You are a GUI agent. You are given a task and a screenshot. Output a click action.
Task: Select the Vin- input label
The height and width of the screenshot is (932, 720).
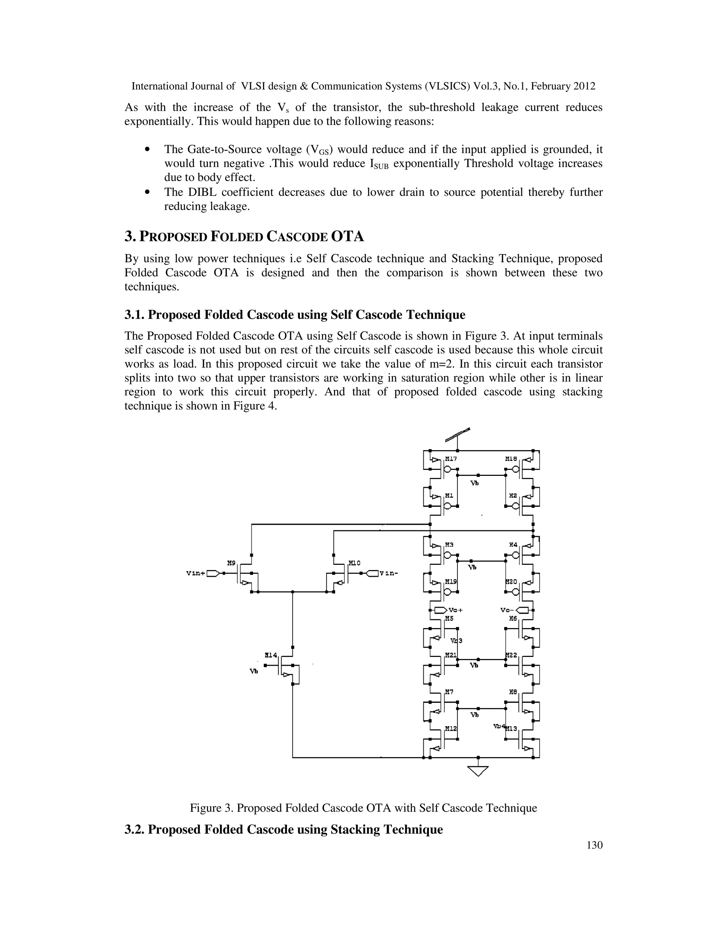[388, 573]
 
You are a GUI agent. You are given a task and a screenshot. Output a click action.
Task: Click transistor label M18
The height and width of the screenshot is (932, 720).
[511, 459]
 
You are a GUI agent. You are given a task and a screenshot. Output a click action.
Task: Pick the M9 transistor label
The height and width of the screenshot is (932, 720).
[231, 563]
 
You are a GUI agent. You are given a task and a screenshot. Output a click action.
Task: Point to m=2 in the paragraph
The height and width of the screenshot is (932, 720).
[438, 364]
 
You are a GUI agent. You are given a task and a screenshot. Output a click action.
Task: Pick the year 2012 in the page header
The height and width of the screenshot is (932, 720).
[584, 86]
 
